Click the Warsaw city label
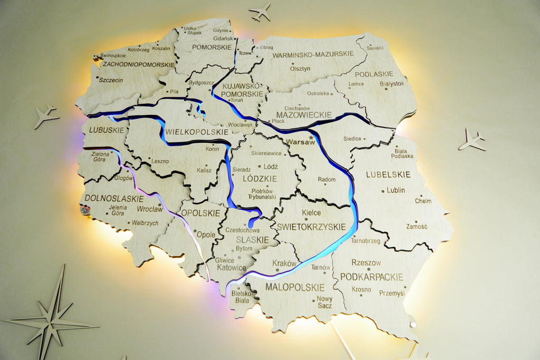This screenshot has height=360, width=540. [x=297, y=142]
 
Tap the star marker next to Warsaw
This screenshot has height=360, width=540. [x=311, y=138]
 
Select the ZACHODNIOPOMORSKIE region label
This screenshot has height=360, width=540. [x=139, y=64]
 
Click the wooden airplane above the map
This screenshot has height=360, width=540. [x=260, y=12]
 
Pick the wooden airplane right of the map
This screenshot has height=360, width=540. [x=471, y=140]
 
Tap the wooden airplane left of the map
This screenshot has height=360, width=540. [x=46, y=116]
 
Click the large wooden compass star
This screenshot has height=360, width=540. [x=51, y=319]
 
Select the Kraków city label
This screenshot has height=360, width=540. [x=284, y=263]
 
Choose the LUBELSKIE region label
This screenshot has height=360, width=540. [x=388, y=174]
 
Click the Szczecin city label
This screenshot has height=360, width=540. [x=111, y=80]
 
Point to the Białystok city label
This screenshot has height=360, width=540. [x=392, y=83]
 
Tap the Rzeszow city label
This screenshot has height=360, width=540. [x=366, y=262]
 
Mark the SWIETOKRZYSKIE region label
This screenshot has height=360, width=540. [x=311, y=227]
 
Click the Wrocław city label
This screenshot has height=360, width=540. [x=150, y=209]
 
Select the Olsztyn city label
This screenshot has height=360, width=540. [x=300, y=69]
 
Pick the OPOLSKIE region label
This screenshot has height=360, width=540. [x=200, y=213]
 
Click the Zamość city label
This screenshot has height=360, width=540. [x=417, y=226]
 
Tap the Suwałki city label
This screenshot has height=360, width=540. [x=375, y=47]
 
